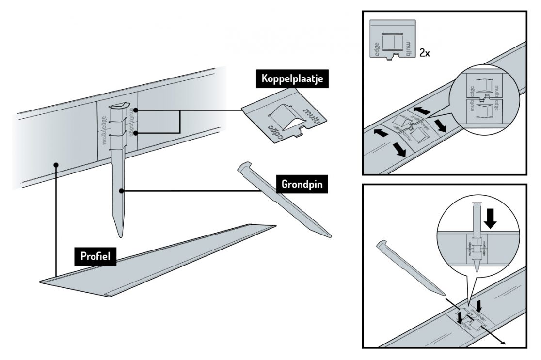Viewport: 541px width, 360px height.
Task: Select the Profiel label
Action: click(95, 257)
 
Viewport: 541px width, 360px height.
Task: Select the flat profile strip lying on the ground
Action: click(160, 257)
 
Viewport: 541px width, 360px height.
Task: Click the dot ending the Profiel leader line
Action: click(56, 165)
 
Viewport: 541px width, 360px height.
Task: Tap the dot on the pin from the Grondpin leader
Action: click(124, 191)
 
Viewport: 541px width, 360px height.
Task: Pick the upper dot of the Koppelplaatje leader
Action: click(138, 110)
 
